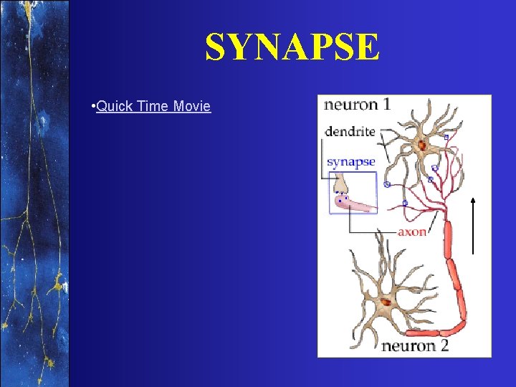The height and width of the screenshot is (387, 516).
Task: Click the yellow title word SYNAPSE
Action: (x=292, y=48)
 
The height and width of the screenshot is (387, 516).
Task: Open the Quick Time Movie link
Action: (x=153, y=107)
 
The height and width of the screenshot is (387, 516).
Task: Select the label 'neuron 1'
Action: (x=357, y=105)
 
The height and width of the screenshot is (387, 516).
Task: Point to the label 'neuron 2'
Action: (x=415, y=346)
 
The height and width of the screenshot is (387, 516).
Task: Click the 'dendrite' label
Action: (x=350, y=131)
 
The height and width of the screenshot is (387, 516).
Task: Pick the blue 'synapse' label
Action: (x=350, y=162)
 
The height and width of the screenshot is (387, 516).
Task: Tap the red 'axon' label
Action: (x=411, y=232)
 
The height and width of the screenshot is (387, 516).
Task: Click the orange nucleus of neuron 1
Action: (x=422, y=146)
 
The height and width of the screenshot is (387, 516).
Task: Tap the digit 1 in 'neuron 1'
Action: (x=386, y=105)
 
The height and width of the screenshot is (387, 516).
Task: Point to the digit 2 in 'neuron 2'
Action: (x=444, y=346)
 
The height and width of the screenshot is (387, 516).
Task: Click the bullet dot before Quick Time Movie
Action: (x=94, y=107)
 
